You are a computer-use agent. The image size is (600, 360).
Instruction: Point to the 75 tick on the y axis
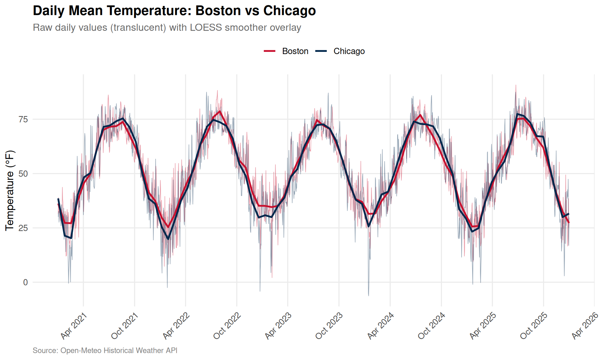tap(23, 119)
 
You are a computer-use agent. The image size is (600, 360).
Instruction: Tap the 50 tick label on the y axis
tap(23, 174)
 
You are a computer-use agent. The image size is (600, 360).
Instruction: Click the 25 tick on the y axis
tap(23, 228)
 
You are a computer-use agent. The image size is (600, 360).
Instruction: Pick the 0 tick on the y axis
tap(26, 282)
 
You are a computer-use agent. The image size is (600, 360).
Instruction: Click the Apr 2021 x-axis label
tap(74, 326)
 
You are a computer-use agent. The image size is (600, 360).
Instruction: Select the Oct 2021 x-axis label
tap(125, 326)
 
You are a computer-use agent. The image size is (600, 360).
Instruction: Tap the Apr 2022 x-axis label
tap(176, 326)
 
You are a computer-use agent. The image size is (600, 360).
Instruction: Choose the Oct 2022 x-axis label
tap(227, 326)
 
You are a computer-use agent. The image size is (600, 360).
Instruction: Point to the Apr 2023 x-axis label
tap(278, 326)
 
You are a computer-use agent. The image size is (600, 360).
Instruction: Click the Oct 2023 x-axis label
tap(329, 326)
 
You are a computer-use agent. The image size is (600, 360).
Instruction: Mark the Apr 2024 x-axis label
tap(381, 326)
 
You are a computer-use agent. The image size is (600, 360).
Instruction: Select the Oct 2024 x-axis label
tap(432, 326)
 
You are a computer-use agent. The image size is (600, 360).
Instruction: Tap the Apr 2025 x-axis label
tap(483, 326)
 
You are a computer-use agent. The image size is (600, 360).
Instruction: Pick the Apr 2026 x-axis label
tap(585, 326)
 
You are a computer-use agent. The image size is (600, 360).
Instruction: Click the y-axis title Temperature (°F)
tap(10, 191)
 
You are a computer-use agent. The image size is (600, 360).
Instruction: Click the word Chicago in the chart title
tap(289, 11)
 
